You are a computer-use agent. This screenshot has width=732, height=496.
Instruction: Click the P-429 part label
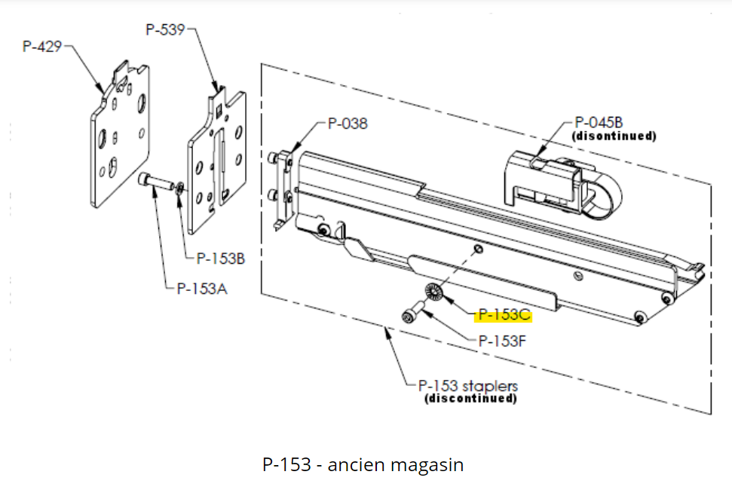coord(42,47)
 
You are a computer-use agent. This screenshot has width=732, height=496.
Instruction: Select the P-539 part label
coord(164,29)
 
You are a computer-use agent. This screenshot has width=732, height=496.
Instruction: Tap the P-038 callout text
coord(348,124)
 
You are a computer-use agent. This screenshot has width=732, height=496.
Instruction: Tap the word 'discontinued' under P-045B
coord(614,136)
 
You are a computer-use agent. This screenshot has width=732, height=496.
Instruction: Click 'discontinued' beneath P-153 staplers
coord(471,398)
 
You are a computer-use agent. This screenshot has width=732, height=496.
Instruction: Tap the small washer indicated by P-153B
coord(178,187)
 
